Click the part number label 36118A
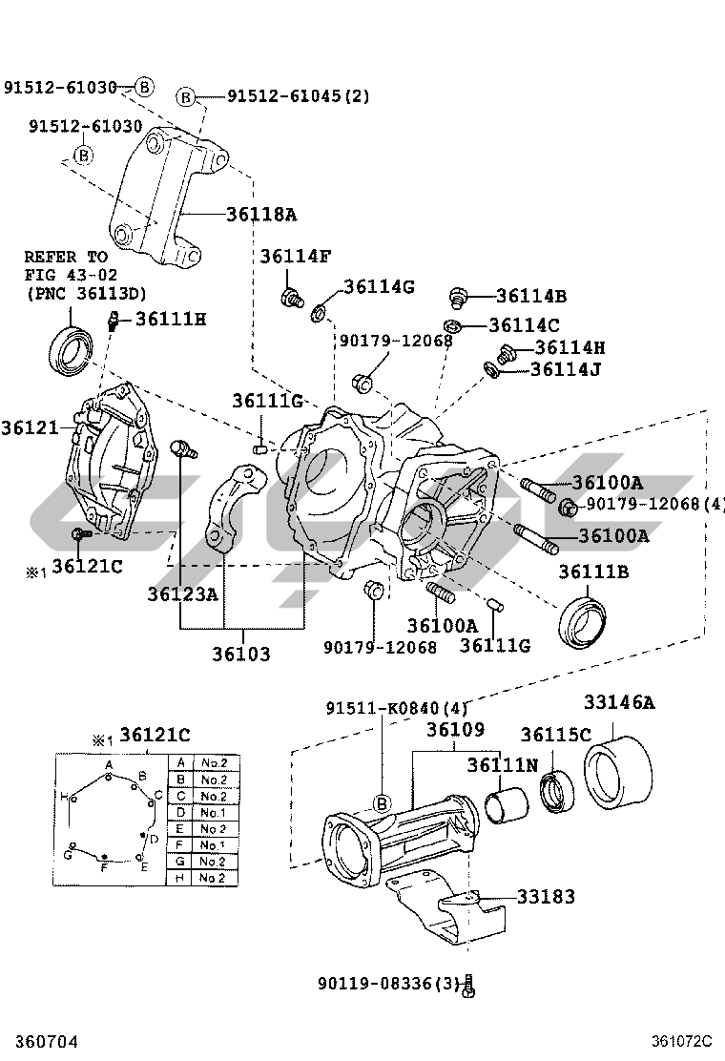coord(261,215)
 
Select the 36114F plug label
coord(296,256)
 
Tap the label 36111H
coord(171,319)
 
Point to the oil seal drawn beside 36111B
coord(582,622)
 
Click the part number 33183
coord(546,897)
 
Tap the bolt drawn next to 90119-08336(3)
coord(470,986)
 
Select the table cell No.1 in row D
coord(213,813)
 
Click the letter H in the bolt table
coord(180,878)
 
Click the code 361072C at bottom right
coord(682,1041)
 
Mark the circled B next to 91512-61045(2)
coord(186,97)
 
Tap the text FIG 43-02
coord(71,276)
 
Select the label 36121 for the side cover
coord(30,427)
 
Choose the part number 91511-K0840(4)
coord(397,709)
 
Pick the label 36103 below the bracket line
coord(240,655)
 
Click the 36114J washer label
coord(566,369)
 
